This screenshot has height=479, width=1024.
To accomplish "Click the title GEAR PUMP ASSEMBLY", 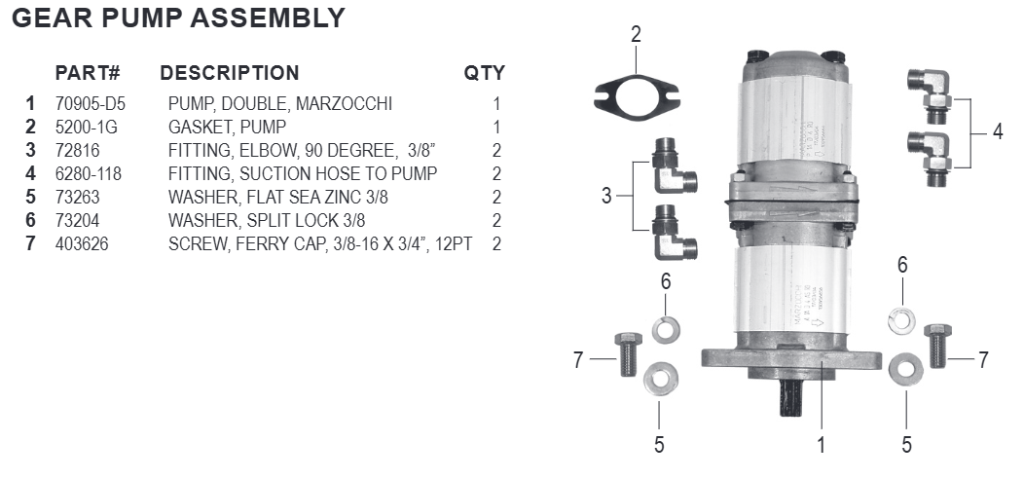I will (177, 18).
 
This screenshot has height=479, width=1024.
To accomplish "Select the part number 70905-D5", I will (91, 104).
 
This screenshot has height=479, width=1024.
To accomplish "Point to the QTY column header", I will (484, 73).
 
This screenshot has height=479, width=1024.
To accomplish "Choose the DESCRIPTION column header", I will (229, 73).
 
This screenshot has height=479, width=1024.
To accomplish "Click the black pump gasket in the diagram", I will (636, 96).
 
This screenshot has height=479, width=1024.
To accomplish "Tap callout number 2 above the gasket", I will (636, 35).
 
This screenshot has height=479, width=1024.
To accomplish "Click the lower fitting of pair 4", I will (932, 155).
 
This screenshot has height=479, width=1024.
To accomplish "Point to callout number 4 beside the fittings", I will (997, 131).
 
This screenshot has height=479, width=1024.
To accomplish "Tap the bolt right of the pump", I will (937, 345).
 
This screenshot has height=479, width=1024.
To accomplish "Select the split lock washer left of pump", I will (667, 329).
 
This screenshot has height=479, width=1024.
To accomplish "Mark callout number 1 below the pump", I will (821, 446).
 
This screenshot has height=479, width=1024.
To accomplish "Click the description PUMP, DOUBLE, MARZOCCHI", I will (279, 104).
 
